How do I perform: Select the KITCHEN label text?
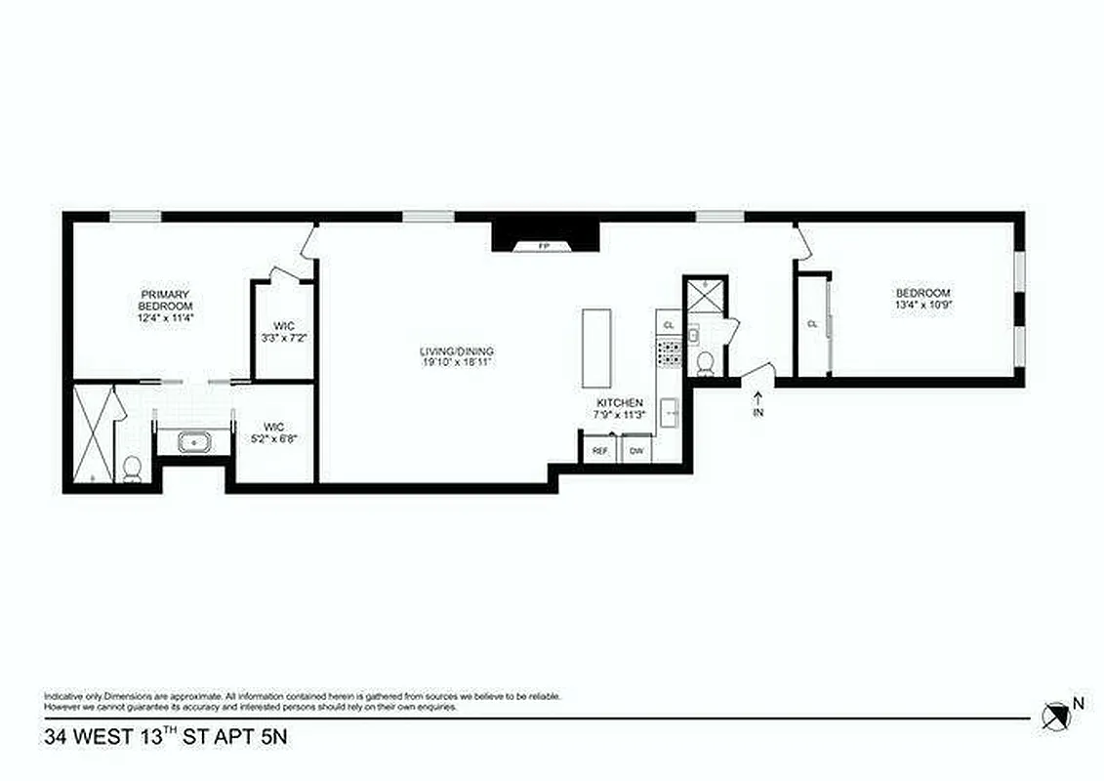620,402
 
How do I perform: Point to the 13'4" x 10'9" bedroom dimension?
923,305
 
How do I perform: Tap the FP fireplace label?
544,246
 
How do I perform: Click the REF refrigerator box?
599,450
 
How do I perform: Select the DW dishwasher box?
636,450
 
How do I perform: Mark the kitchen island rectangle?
596,349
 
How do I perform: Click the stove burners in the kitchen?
670,352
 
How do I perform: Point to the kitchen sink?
671,414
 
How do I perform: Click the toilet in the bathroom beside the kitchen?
706,362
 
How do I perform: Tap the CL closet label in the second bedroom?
811,323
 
